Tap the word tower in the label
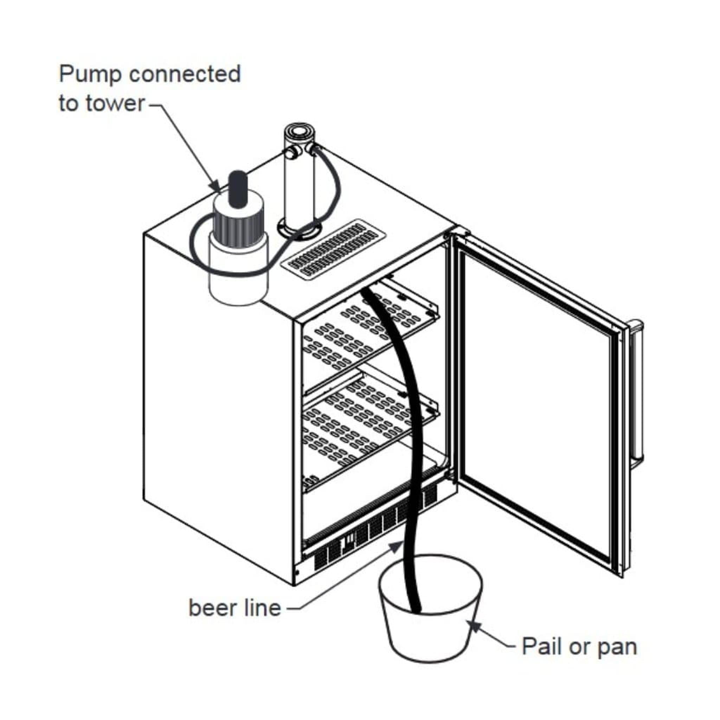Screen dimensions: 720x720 pos(115,103)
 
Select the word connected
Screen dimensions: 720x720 pos(185,74)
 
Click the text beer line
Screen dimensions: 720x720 pos(234,608)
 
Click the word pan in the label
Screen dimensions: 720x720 pos(617,647)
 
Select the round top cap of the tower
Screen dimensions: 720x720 pos(300,131)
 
